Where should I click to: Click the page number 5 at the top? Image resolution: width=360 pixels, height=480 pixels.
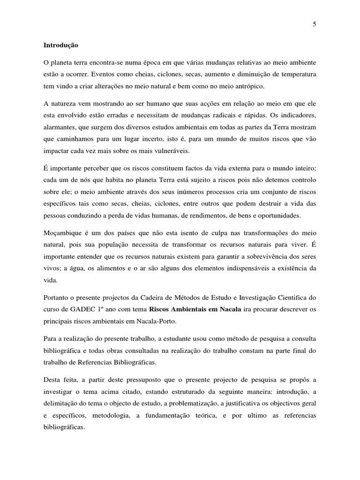coord(314,25)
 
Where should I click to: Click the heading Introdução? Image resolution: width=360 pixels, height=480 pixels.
coord(61,45)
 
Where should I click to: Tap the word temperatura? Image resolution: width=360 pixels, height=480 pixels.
coord(297,74)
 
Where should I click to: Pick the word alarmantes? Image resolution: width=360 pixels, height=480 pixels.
coord(60,127)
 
